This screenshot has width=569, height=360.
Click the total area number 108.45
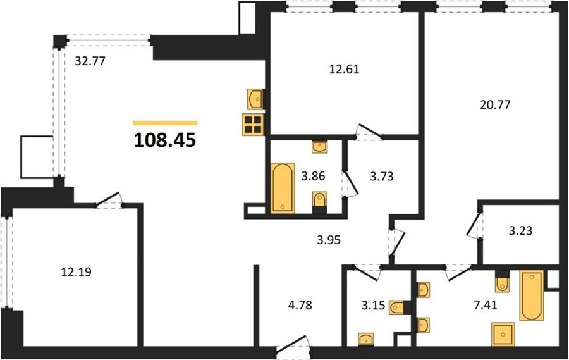point(165,140)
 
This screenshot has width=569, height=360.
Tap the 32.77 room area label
point(90,61)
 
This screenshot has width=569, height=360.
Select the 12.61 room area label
point(344,69)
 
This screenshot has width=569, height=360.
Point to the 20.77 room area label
point(495,105)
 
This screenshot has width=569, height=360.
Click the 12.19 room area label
point(76,271)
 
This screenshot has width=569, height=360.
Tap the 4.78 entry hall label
point(300,305)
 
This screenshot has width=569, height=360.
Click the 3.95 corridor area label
point(329,240)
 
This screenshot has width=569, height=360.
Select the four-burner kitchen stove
point(253,125)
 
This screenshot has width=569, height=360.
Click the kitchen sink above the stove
point(255,99)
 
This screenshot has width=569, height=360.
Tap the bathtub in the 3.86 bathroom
point(283,188)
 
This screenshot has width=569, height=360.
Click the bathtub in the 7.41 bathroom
point(532,295)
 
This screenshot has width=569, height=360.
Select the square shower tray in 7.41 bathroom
point(503,334)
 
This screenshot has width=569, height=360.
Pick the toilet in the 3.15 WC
point(399,307)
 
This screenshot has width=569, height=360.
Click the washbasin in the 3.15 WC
point(366,339)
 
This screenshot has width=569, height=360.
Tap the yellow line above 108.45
point(165,123)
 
